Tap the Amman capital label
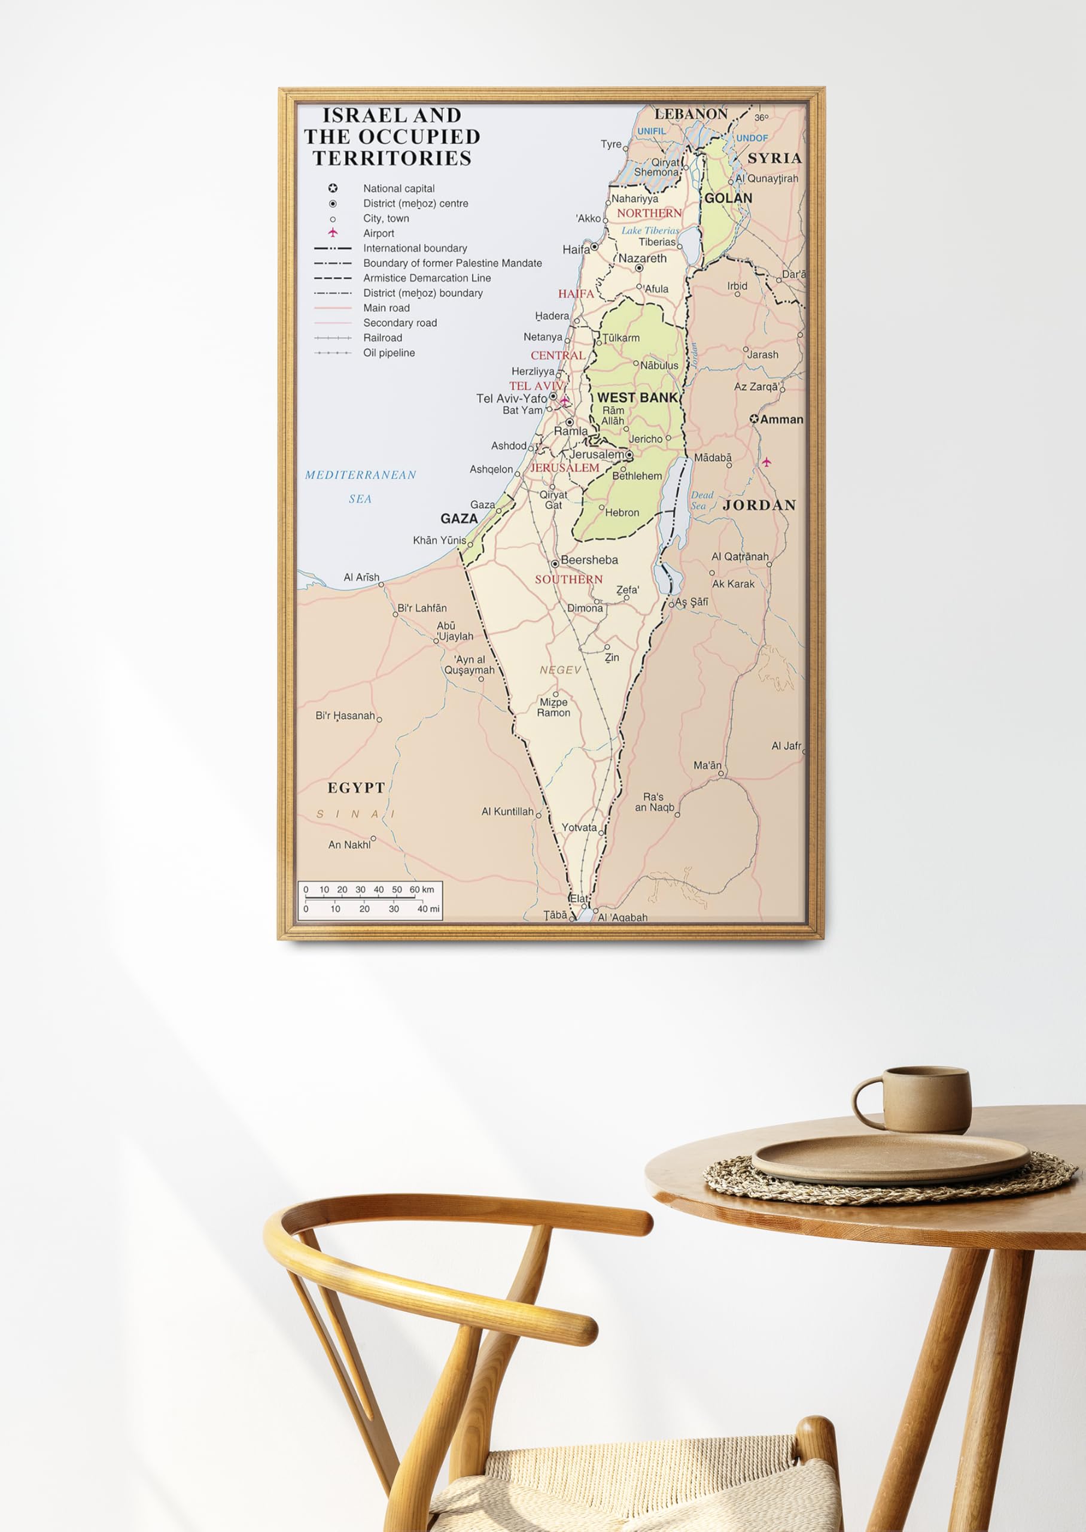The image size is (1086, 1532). pos(781,420)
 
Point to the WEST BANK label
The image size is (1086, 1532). pos(637,398)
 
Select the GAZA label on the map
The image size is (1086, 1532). pos(459,518)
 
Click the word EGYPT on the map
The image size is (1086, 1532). pos(356,788)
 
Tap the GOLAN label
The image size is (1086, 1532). pos(728,199)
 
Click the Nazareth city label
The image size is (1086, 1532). pos(642,258)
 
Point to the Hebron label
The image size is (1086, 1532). pos(621,513)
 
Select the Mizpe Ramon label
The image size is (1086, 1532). pos(553,707)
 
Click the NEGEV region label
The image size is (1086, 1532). pos(561,670)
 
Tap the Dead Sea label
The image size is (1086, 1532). pos(701,500)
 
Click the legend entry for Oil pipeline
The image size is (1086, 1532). pos(388,353)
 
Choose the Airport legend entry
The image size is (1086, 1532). pos(379,233)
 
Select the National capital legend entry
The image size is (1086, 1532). pos(398,189)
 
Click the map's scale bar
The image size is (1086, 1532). pos(370,900)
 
